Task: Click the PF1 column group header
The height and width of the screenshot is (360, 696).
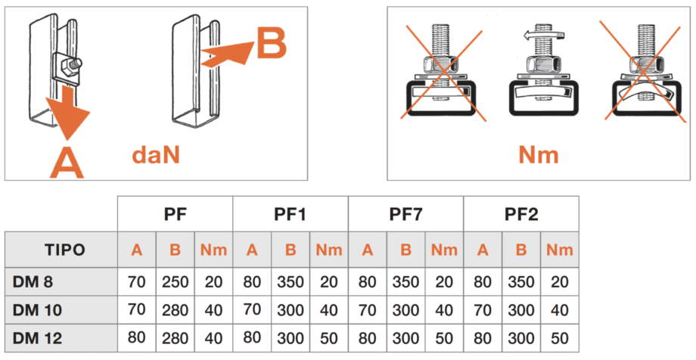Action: coord(290,214)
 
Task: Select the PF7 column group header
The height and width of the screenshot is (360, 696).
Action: coord(405,214)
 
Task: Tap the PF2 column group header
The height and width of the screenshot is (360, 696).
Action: coord(521,214)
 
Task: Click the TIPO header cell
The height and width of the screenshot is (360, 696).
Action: coord(64,250)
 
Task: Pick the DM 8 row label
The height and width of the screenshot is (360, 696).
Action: coord(33,282)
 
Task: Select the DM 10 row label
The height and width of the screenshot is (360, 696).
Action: coord(37,310)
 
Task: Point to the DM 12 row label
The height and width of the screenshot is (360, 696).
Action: coord(37,338)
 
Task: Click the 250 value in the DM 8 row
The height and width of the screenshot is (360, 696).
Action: coord(175,282)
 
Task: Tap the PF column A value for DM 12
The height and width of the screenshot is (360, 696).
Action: coord(136,338)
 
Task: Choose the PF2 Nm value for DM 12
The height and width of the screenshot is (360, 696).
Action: coord(559,338)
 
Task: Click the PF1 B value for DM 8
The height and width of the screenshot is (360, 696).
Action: coord(291,282)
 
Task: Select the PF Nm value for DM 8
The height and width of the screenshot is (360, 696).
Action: coord(213,282)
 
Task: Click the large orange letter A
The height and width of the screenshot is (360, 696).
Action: coord(67,162)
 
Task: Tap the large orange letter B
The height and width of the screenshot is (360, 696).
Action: coord(272,43)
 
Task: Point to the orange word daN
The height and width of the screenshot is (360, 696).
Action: coord(156,155)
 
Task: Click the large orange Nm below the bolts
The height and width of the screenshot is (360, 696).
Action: coord(539,155)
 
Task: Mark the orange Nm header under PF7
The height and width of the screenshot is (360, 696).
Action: coord(444,250)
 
